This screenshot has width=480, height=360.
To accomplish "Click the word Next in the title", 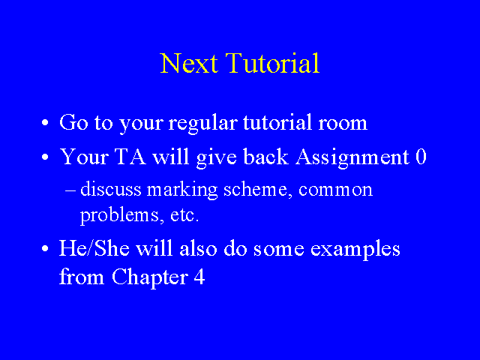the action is point(189,63).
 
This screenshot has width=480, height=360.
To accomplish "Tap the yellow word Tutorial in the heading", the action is point(272,63).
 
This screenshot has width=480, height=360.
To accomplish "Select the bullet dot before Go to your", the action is point(45,123).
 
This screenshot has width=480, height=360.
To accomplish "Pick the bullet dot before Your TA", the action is point(45,157).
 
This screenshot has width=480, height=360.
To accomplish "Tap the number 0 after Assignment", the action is point(421,157).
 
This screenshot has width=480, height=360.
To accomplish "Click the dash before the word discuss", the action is point(70,190).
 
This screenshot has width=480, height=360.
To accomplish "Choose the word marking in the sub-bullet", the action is point(182,190).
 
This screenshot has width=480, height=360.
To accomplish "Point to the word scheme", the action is point(256,190).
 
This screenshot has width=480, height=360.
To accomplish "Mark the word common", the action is point(335,190).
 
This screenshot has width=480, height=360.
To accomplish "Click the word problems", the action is point(119,215).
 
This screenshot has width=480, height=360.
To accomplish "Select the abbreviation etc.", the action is point(184,215).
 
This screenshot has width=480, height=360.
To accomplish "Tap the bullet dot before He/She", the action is point(45,248).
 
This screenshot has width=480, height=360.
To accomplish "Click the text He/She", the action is point(94,248).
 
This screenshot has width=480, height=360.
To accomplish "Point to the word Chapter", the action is point(150,277).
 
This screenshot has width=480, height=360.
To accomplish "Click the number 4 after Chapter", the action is point(199,277).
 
